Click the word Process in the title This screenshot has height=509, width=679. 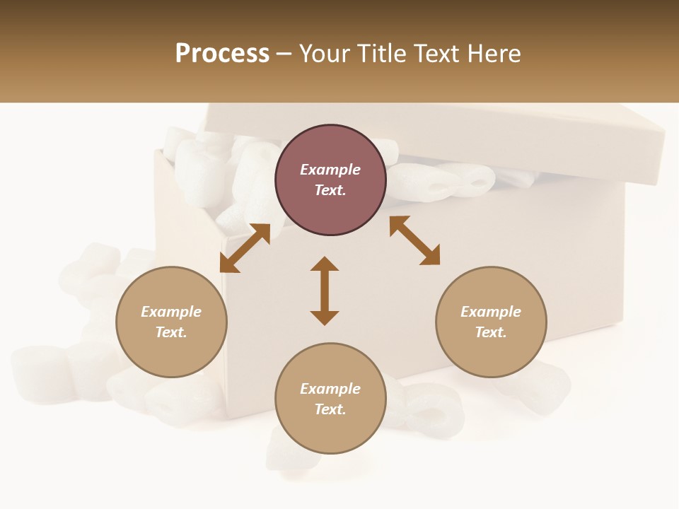222,54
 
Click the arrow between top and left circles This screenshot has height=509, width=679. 245,248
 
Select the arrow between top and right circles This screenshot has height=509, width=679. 414,241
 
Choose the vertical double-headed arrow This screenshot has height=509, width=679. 325,291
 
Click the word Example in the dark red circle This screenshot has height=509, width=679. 330,170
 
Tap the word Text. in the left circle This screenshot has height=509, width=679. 171,332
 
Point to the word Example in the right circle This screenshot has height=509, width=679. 491,312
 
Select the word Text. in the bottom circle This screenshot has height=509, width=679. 330,409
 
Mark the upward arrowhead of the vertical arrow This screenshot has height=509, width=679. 325,264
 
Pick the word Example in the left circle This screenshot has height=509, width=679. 171,312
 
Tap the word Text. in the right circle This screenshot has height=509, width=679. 491,332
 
